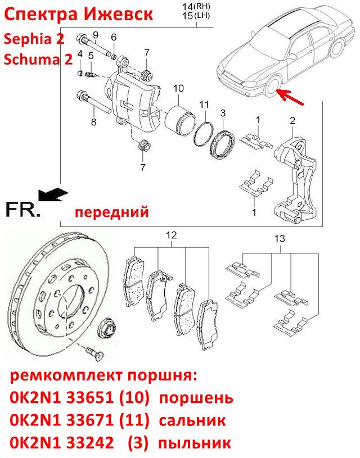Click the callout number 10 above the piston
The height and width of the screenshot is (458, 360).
pos(178,88)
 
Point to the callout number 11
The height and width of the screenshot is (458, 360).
pos(205,104)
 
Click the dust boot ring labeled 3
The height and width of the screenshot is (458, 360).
pos(223,144)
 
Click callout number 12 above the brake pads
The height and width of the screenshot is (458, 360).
pos(172,235)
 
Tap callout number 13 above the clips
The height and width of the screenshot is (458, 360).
pos(280,238)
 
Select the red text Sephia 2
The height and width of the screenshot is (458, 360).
pos(34,39)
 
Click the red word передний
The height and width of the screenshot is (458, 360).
pos(112,211)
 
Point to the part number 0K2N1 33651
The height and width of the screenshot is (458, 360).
pos(61,397)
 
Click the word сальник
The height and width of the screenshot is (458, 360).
pos(192,420)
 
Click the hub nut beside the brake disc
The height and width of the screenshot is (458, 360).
pos(106,329)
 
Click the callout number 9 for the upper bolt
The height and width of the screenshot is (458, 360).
pos(96,35)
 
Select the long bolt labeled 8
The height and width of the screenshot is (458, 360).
pos(93,102)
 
